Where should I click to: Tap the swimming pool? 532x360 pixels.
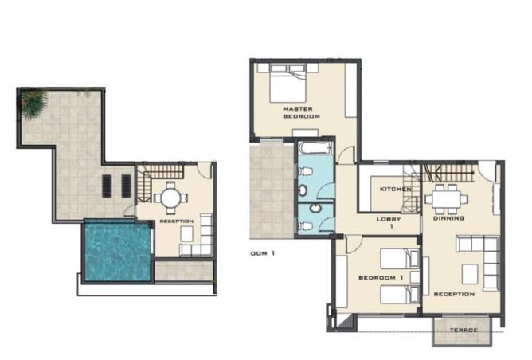(116, 250)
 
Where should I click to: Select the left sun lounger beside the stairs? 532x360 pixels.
(108, 185)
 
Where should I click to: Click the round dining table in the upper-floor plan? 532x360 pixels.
(170, 195)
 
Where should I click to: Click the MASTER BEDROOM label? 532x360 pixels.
(301, 112)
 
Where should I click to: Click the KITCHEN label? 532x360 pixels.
(395, 189)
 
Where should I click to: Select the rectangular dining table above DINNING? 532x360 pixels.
(445, 196)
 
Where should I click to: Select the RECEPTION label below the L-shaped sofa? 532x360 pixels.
(454, 294)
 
